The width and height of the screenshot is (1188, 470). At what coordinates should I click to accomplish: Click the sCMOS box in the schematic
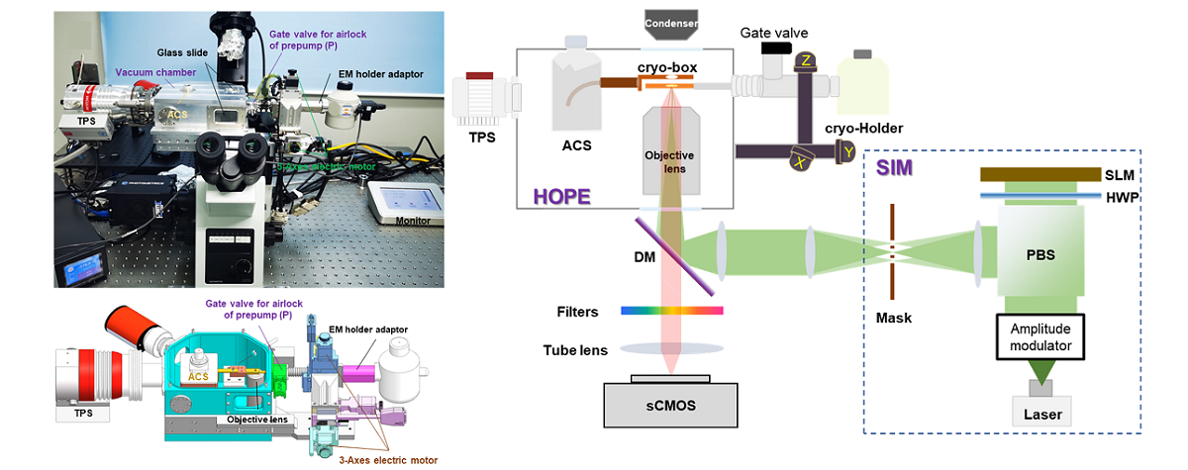point(671,405)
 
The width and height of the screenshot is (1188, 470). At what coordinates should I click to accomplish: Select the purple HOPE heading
point(561,196)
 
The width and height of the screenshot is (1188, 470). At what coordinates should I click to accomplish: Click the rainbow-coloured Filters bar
point(671,312)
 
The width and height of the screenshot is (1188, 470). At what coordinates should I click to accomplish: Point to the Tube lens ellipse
point(671,349)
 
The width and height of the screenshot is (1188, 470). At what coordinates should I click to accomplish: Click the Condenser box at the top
point(671,22)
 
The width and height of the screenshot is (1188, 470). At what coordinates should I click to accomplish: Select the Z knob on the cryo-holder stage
point(806,61)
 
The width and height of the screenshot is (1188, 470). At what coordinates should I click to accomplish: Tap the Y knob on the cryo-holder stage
point(848,150)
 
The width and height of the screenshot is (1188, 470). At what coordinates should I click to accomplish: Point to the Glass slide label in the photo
point(179,51)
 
